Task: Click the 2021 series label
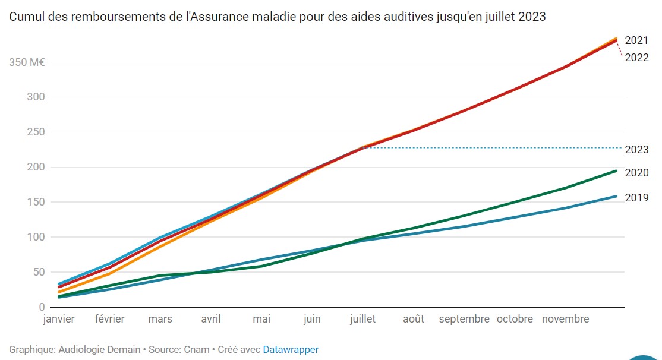pyautogui.click(x=636, y=40)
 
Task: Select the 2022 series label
pyautogui.click(x=636, y=58)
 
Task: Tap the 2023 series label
pyautogui.click(x=636, y=150)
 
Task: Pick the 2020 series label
pyautogui.click(x=636, y=173)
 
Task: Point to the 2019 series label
pyautogui.click(x=636, y=198)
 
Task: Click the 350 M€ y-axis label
pyautogui.click(x=27, y=62)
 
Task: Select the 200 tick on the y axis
pyautogui.click(x=36, y=167)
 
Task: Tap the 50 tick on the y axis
pyautogui.click(x=38, y=272)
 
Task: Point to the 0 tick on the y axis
pyautogui.click(x=42, y=307)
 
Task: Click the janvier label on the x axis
pyautogui.click(x=59, y=319)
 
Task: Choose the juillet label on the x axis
pyautogui.click(x=362, y=319)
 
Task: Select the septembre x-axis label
pyautogui.click(x=464, y=319)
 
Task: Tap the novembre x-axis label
pyautogui.click(x=565, y=319)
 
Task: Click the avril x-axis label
pyautogui.click(x=211, y=319)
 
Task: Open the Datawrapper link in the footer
pyautogui.click(x=291, y=350)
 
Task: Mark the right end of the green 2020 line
pyautogui.click(x=616, y=171)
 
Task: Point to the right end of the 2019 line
pyautogui.click(x=616, y=196)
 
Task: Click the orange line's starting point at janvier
pyautogui.click(x=59, y=292)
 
